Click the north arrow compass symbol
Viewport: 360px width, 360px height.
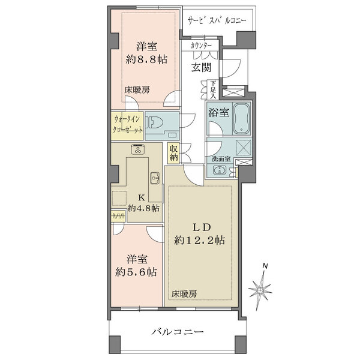pos(262,290)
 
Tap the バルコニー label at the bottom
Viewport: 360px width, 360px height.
pos(177,331)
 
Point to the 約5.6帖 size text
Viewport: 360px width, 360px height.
pos(137,272)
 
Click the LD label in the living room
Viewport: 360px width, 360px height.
pos(200,227)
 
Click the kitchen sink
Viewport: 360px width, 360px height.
pos(154,178)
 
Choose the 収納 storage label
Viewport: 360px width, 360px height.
pos(173,153)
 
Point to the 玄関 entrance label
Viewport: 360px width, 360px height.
pos(200,68)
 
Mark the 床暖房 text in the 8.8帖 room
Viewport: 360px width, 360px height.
pos(137,89)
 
